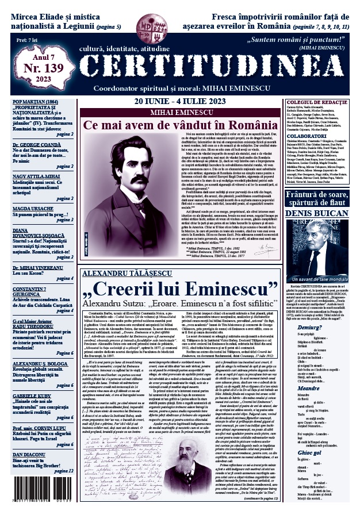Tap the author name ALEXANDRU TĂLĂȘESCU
click(x=123, y=273)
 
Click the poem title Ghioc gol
click(x=309, y=452)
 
